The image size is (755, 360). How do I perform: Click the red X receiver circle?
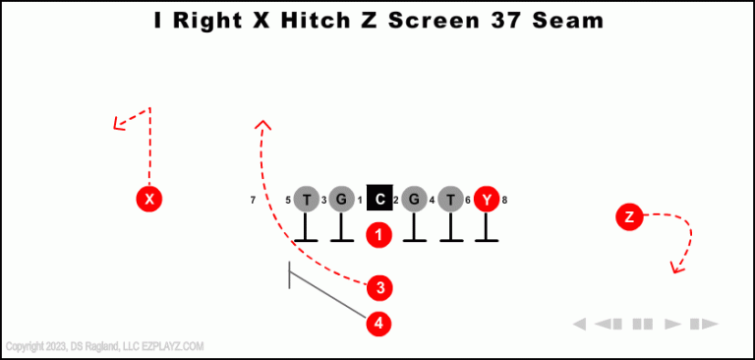coord(148,200)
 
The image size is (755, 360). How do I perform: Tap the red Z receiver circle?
coord(629,216)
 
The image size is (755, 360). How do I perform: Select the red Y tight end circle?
coord(487,200)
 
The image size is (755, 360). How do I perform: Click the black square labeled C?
coord(380,200)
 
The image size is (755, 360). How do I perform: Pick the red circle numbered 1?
coord(379,235)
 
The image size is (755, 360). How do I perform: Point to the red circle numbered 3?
coord(379,288)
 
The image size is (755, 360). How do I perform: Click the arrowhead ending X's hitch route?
coord(117,125)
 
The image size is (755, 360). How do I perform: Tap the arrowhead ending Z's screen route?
coord(675,268)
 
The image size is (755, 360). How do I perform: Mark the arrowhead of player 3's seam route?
coord(262,124)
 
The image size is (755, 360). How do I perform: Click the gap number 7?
coord(254,201)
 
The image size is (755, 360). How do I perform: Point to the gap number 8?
coord(504,201)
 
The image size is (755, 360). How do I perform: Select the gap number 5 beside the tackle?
coord(288,201)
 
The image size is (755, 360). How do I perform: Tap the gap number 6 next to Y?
coord(468,201)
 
